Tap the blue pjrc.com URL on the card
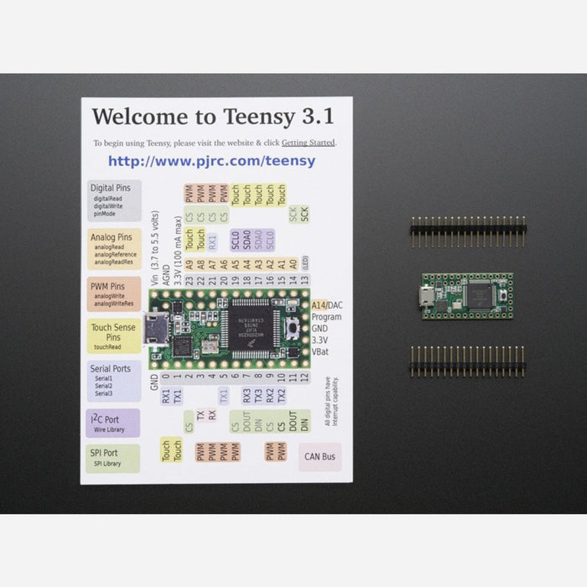[211, 160]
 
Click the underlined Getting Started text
[308, 143]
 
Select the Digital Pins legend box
[112, 200]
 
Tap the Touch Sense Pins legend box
[112, 336]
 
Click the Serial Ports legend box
[112, 380]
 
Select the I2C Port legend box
[112, 422]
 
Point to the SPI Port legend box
[112, 458]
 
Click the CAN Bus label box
[319, 457]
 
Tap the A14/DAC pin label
[326, 305]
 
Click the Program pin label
[326, 318]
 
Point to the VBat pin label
[324, 352]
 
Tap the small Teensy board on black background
[467, 295]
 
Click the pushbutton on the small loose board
[503, 296]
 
